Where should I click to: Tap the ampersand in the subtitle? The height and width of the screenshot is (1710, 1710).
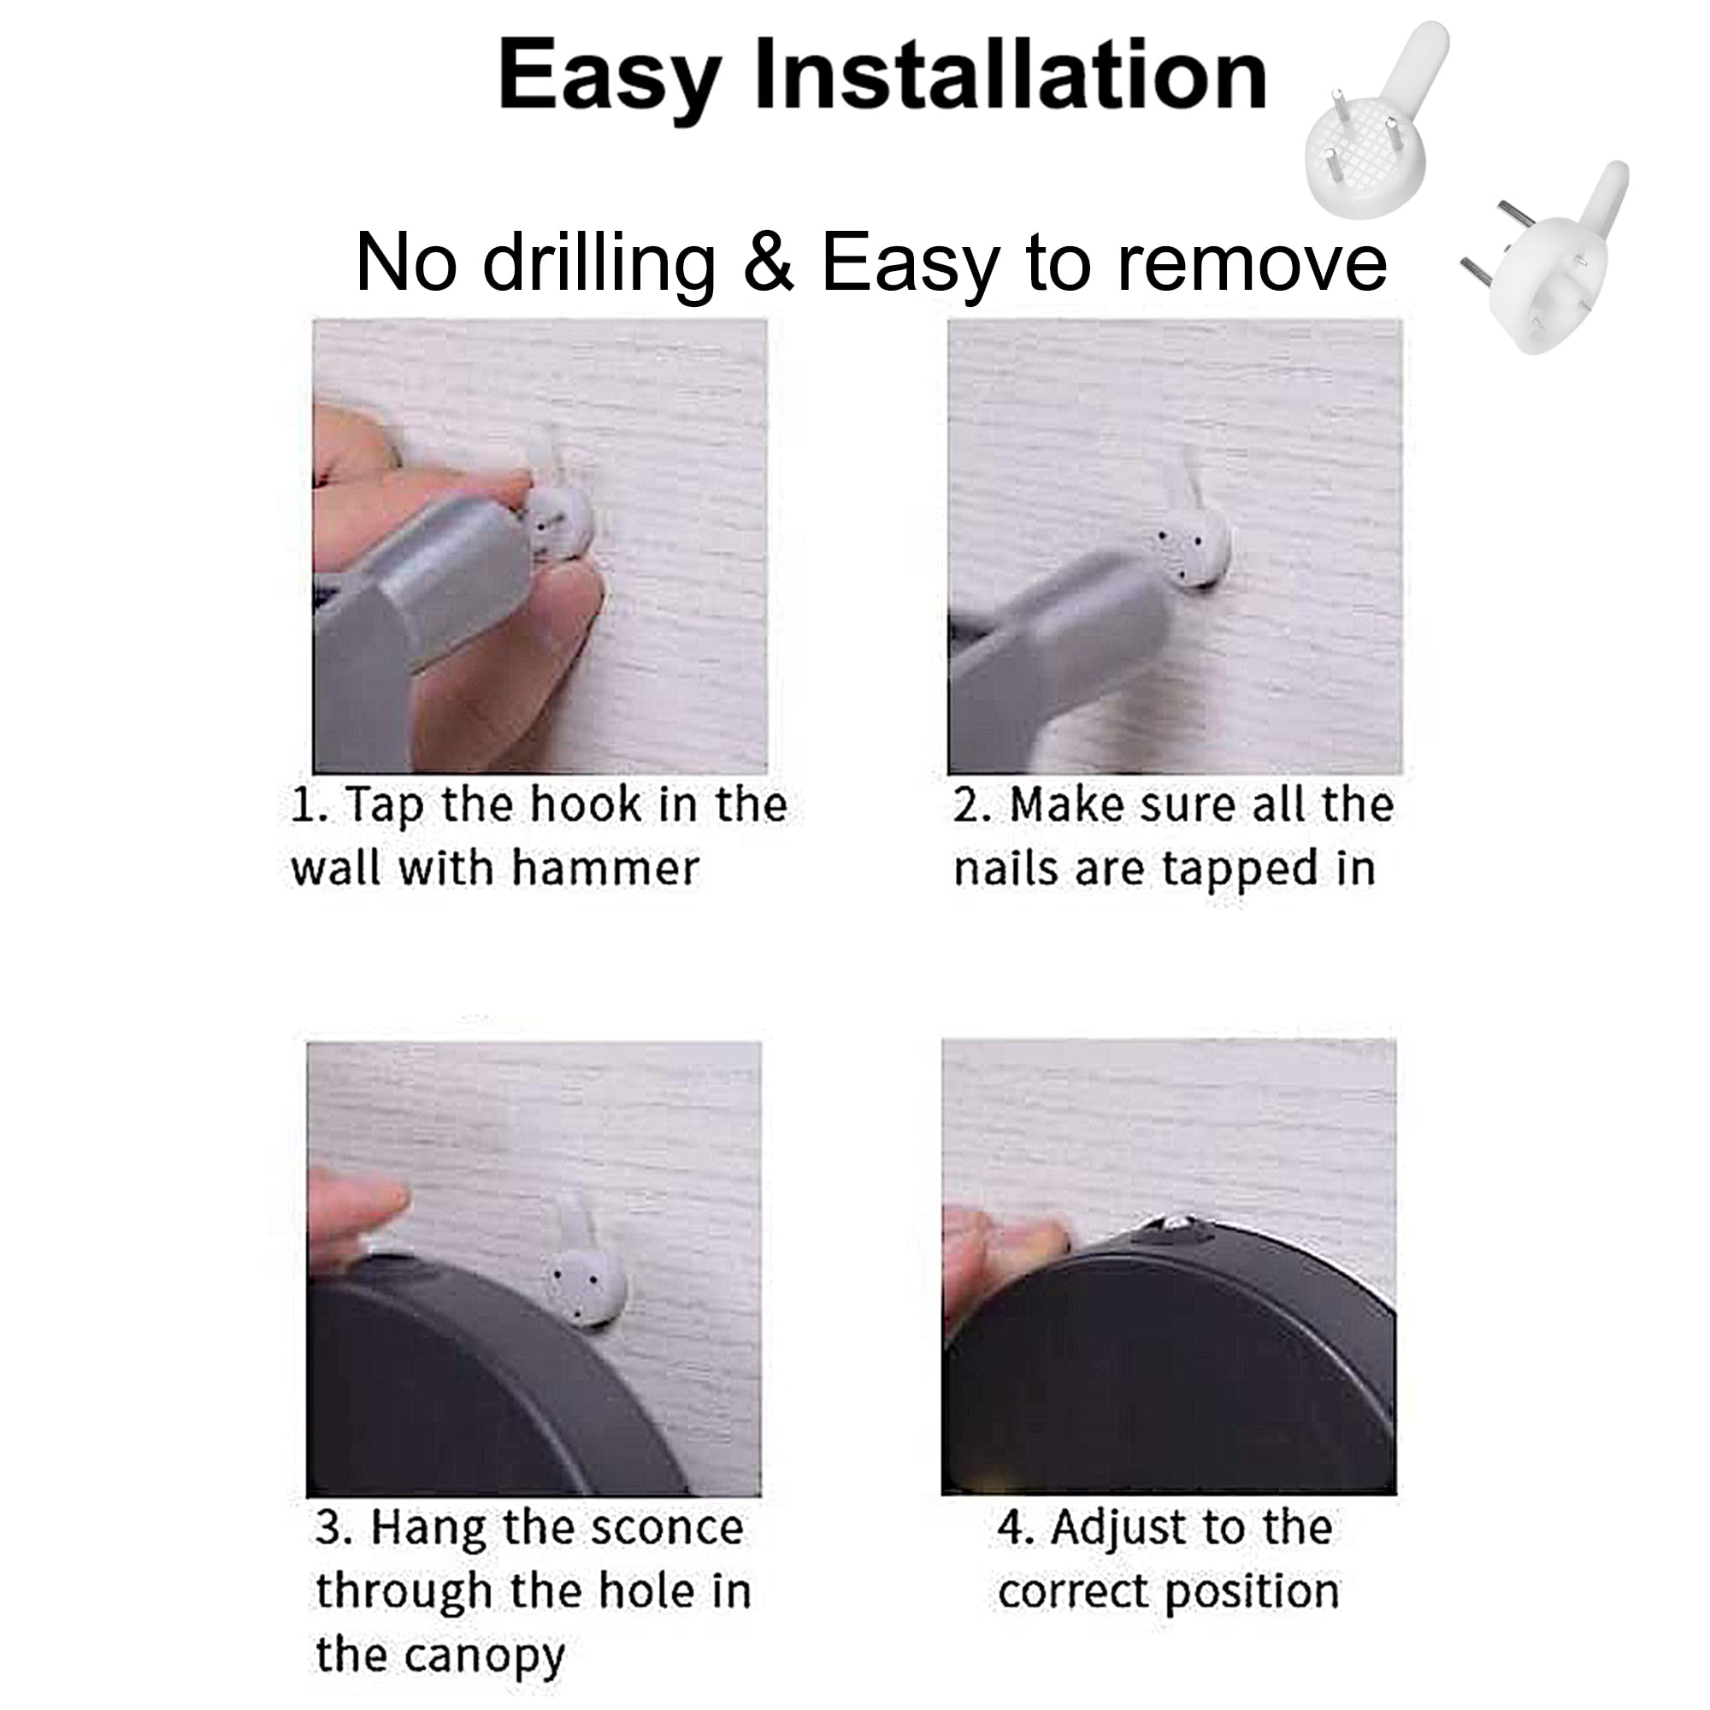pyautogui.click(x=769, y=262)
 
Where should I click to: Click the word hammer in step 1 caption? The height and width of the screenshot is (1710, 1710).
pyautogui.click(x=605, y=869)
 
